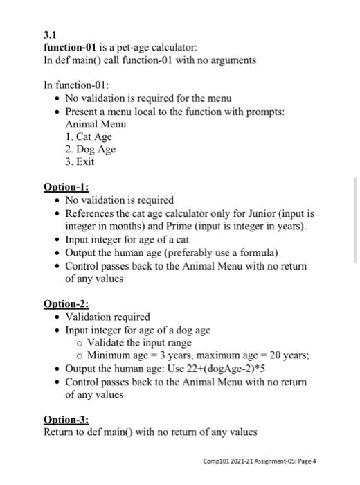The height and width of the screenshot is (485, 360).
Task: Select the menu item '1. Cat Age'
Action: click(x=89, y=136)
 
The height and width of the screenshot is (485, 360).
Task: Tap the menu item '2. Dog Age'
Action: click(x=90, y=149)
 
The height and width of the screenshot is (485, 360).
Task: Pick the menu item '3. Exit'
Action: click(x=80, y=162)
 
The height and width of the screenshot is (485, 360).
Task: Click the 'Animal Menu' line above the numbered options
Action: click(x=96, y=124)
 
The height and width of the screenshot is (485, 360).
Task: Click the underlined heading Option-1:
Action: click(x=66, y=188)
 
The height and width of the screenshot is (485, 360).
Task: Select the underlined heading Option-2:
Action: click(x=66, y=304)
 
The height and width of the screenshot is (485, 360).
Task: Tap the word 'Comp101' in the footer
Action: click(x=215, y=461)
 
